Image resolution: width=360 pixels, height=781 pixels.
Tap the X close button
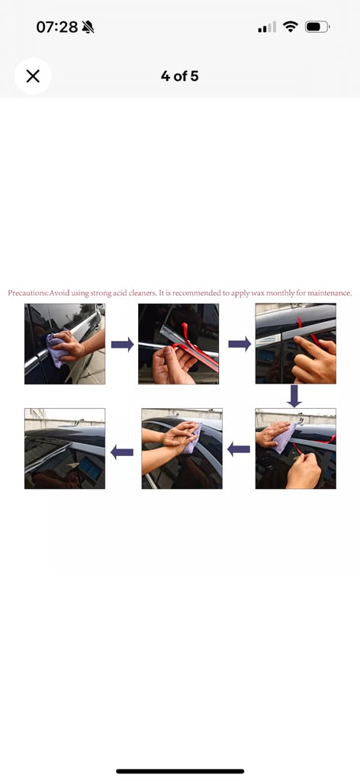[x=33, y=76]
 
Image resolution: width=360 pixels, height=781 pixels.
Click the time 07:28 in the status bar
[x=56, y=27]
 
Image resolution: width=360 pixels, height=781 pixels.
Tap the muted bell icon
[x=88, y=27]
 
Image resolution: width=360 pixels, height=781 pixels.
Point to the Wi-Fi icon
[x=290, y=27]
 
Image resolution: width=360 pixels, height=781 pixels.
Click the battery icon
[x=317, y=27]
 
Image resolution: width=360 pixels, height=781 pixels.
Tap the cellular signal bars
[x=267, y=27]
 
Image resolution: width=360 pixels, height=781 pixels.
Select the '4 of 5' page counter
[x=180, y=76]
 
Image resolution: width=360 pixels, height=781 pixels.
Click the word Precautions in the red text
[x=27, y=293]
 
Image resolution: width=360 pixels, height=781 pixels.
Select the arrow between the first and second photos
[x=122, y=344]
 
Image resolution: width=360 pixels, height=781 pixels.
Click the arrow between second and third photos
[x=239, y=344]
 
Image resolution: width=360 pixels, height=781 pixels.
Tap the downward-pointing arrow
[x=294, y=396]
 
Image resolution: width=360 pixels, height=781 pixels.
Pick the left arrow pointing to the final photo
[x=122, y=452]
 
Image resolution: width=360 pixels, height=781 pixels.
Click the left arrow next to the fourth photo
[x=239, y=450]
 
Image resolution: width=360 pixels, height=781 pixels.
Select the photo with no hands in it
[x=65, y=448]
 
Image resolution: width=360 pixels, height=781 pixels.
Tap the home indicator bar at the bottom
[x=180, y=772]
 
